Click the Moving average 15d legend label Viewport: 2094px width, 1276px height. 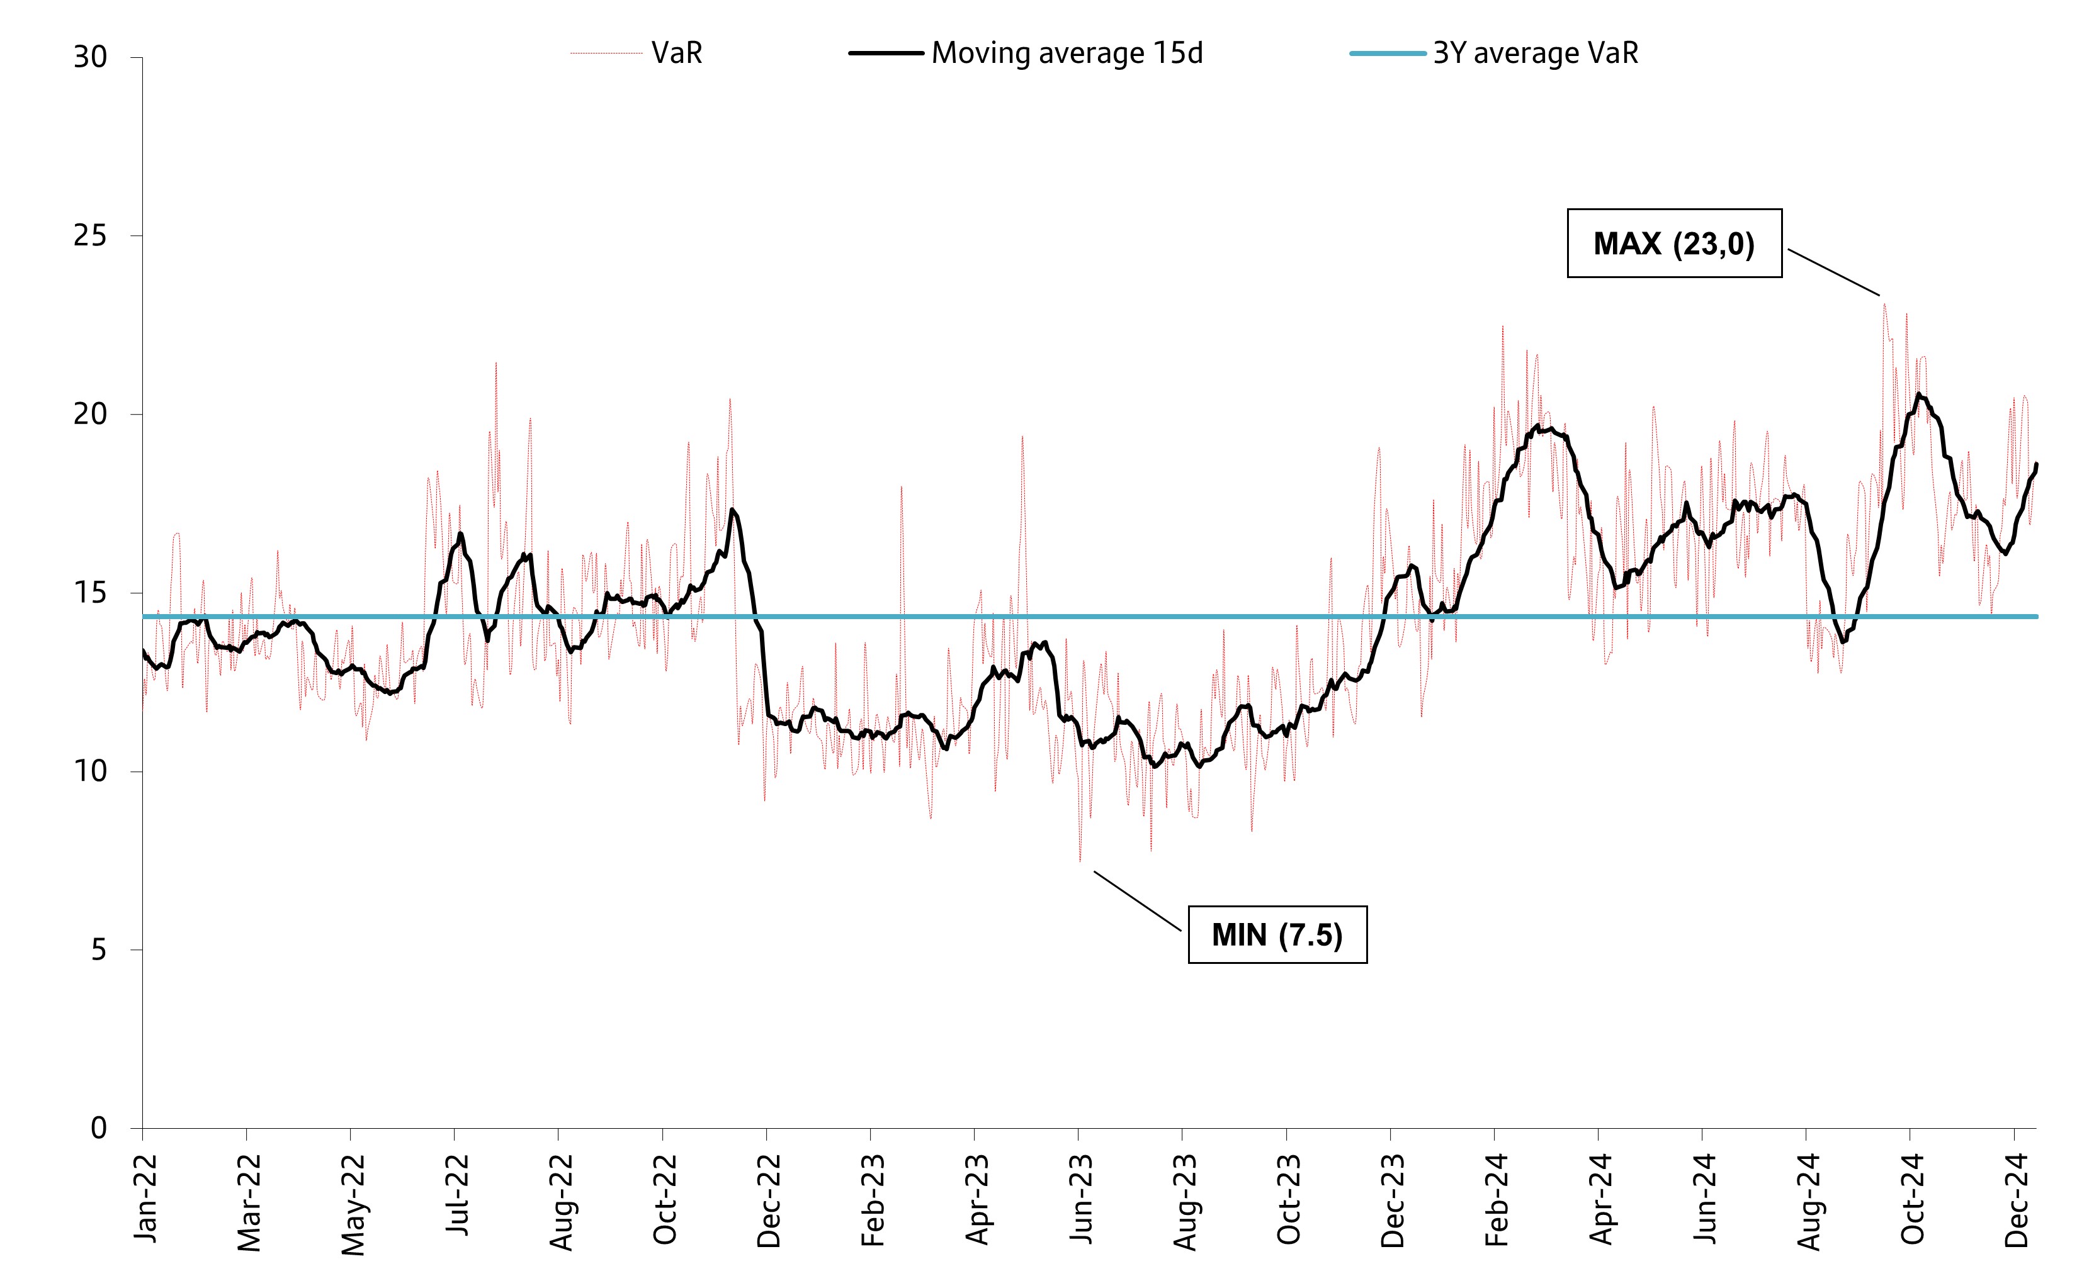tap(1067, 53)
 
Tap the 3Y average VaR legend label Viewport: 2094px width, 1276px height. tap(1535, 53)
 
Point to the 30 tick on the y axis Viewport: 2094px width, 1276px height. tap(91, 58)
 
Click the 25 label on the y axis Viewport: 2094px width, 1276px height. tap(91, 236)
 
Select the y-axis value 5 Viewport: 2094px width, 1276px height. tap(99, 950)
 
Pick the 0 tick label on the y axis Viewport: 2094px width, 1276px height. tap(99, 1128)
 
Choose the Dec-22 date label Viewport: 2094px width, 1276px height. tap(769, 1199)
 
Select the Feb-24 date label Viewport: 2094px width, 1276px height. tap(1497, 1199)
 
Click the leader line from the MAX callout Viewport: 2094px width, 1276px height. tap(1833, 272)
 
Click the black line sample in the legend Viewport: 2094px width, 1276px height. tap(886, 53)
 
